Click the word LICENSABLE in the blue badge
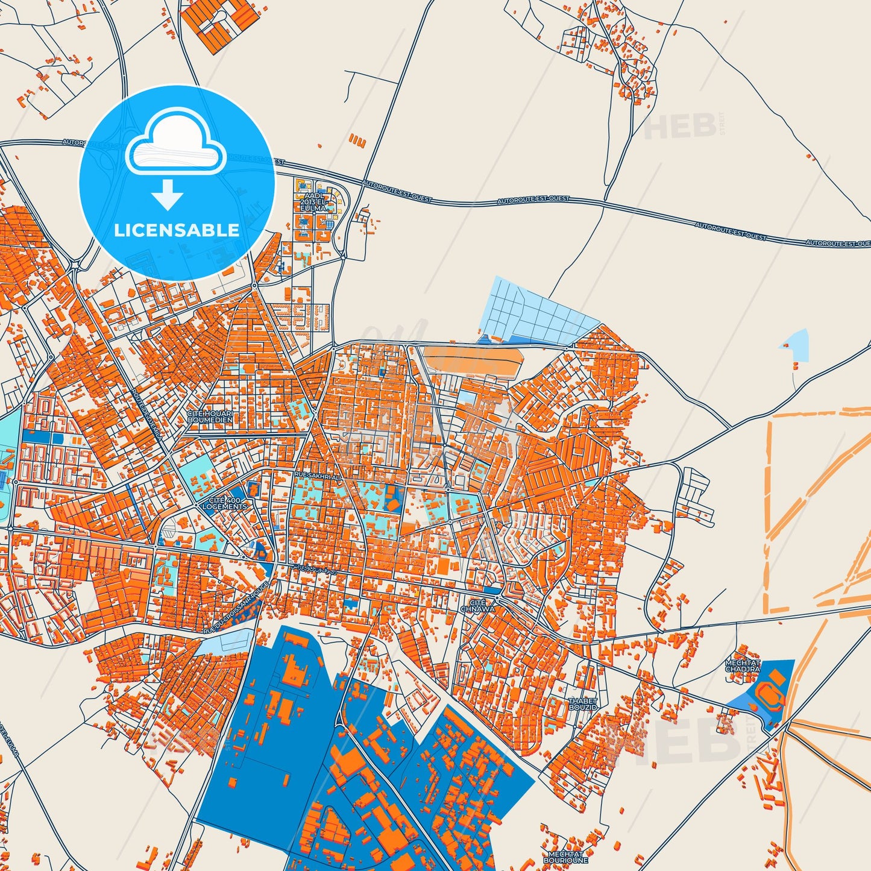pyautogui.click(x=177, y=230)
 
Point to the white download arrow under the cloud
pyautogui.click(x=168, y=194)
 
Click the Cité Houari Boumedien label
pyautogui.click(x=210, y=417)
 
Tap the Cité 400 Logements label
pyautogui.click(x=224, y=503)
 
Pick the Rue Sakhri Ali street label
pyautogui.click(x=318, y=476)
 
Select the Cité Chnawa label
pyautogui.click(x=477, y=606)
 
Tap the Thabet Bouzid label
pyautogui.click(x=583, y=703)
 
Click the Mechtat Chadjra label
pyautogui.click(x=743, y=666)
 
